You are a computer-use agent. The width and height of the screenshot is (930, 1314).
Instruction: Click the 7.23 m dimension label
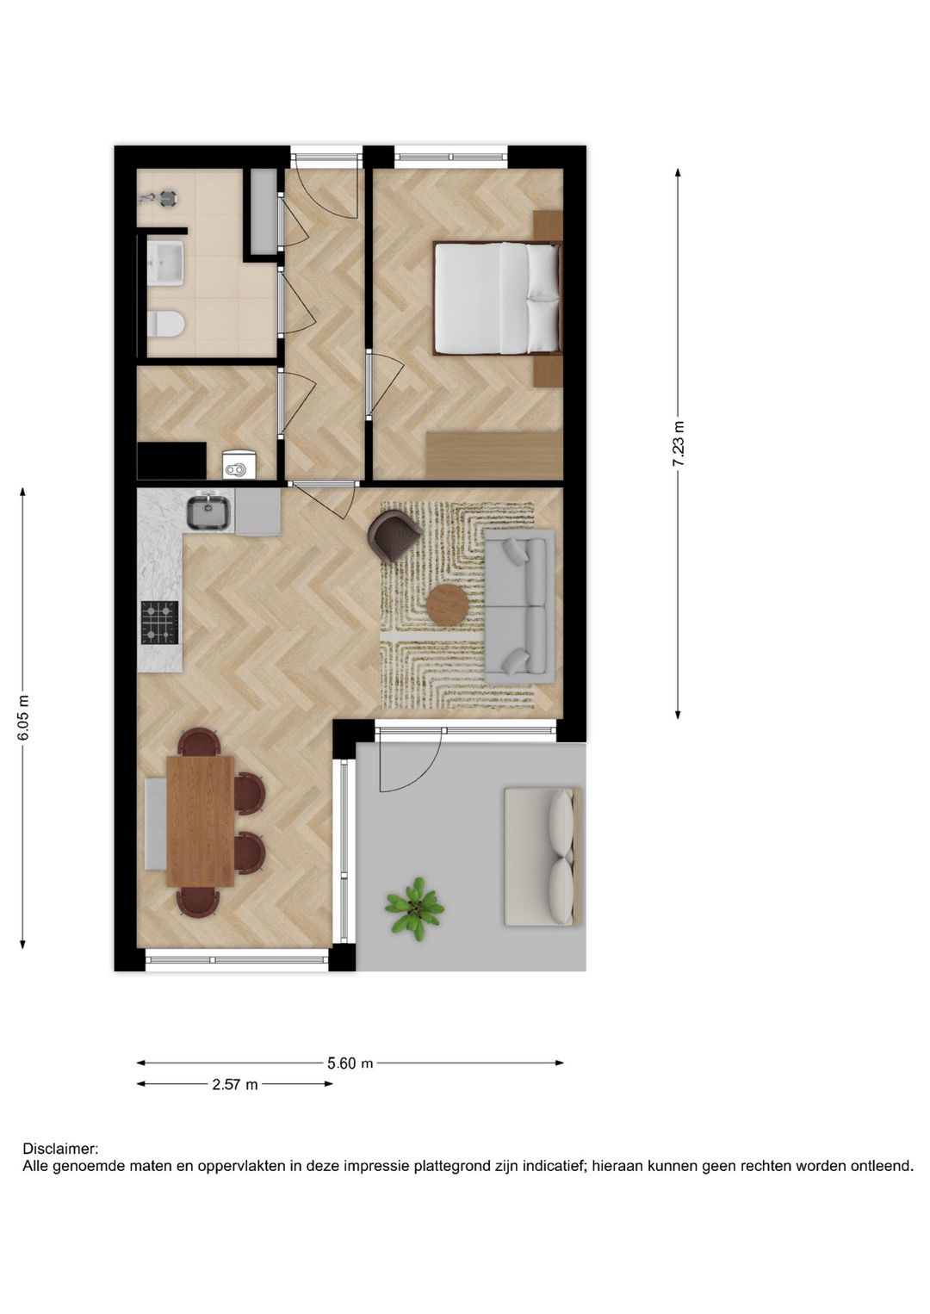point(679,443)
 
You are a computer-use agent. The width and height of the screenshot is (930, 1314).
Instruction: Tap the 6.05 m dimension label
point(23,717)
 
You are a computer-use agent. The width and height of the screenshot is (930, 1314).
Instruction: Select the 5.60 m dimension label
point(350,1063)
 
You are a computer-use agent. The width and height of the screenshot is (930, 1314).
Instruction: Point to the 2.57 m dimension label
point(235,1085)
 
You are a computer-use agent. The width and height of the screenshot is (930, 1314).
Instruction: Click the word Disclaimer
point(60,1149)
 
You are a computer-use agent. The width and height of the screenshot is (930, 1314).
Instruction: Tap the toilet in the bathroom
point(165,324)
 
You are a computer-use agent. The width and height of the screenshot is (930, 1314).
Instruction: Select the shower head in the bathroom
point(159,198)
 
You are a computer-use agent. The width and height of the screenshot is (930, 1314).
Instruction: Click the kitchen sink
point(208,512)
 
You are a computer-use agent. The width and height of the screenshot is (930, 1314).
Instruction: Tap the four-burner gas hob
point(159,623)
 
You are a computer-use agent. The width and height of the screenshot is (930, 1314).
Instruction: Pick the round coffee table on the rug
point(448,605)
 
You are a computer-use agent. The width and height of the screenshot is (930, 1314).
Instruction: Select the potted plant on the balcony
point(414,907)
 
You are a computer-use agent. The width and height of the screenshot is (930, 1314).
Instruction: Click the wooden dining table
point(201,821)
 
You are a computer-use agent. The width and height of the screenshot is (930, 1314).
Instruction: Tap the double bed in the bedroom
point(495,298)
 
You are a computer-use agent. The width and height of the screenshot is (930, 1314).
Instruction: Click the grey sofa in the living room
point(518,606)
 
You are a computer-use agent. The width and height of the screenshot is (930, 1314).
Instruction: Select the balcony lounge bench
point(542,857)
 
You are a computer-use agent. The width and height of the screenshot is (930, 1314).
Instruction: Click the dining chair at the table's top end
point(199,741)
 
